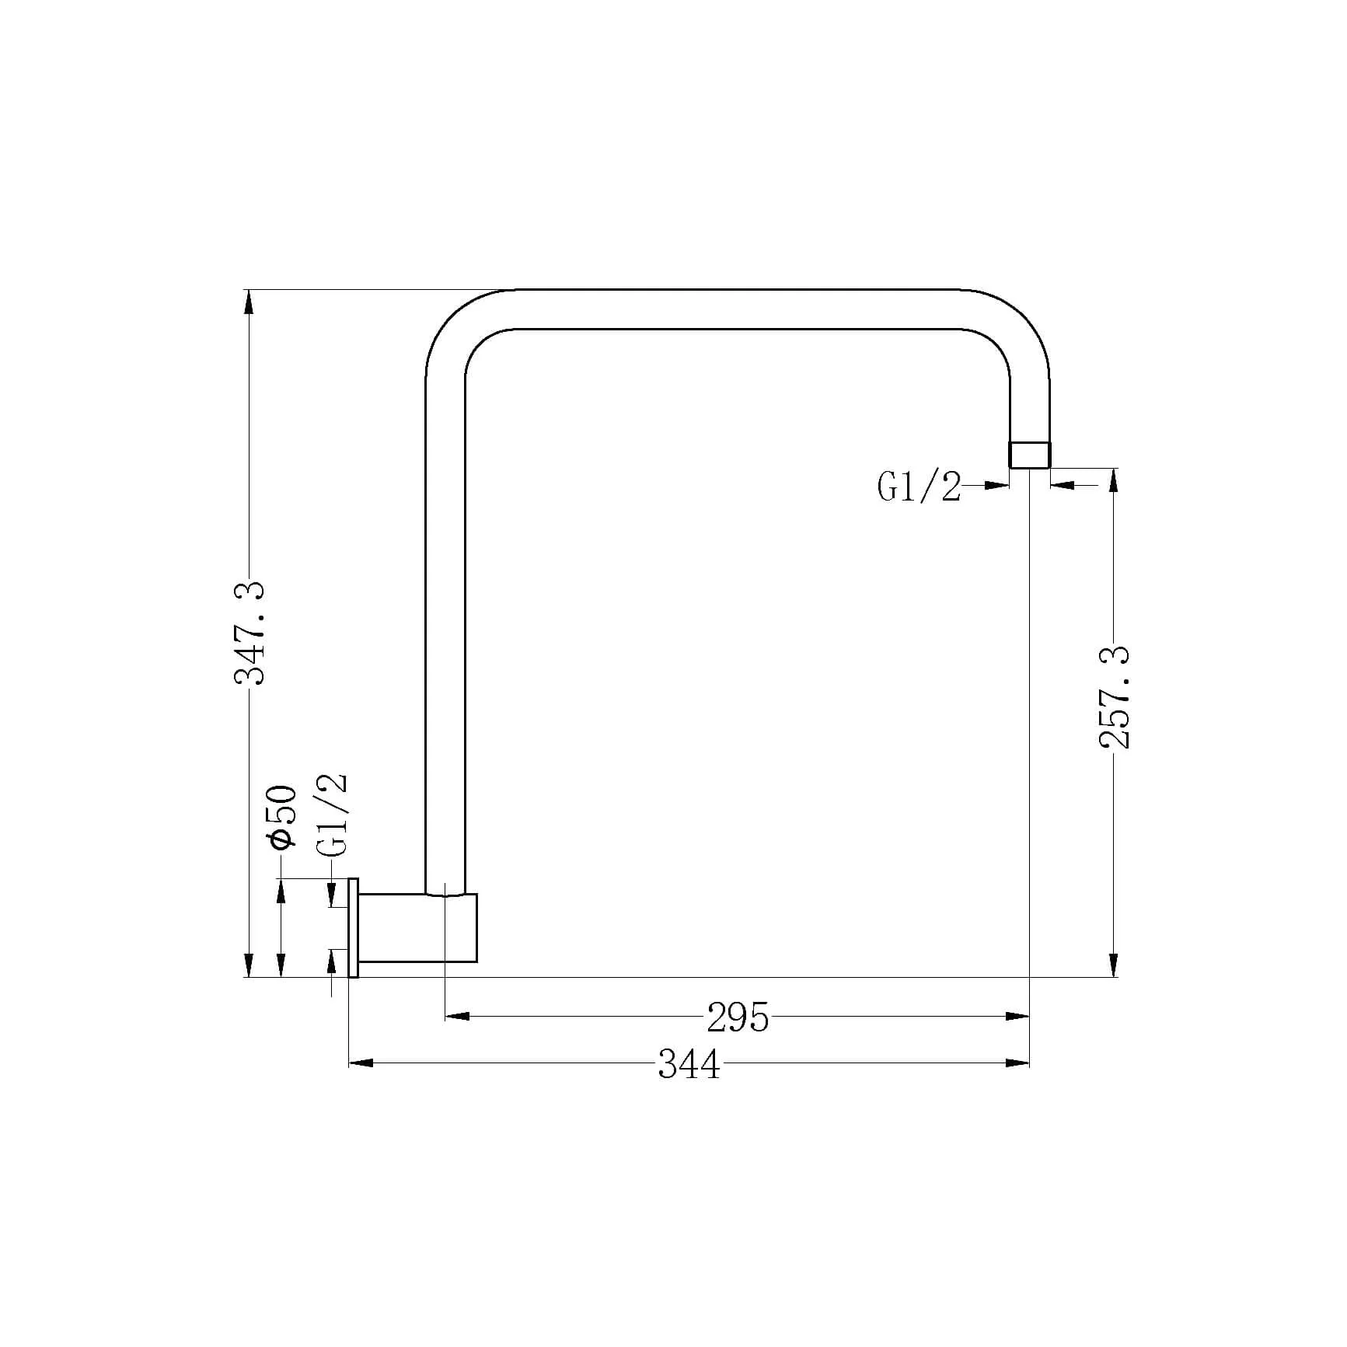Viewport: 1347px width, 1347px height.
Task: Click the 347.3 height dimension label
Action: click(x=250, y=633)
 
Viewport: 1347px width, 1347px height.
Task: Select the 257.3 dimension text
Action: click(x=1115, y=696)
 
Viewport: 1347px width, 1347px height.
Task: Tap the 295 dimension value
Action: click(x=738, y=1017)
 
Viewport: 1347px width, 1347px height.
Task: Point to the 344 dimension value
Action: click(x=689, y=1063)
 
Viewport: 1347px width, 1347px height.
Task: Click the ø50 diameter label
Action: click(x=281, y=817)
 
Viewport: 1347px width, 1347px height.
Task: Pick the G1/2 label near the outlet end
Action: click(x=920, y=487)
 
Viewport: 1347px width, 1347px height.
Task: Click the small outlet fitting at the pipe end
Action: click(x=1029, y=455)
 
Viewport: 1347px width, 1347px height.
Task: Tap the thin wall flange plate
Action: click(x=353, y=927)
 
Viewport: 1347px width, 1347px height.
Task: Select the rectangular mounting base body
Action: click(x=417, y=927)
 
